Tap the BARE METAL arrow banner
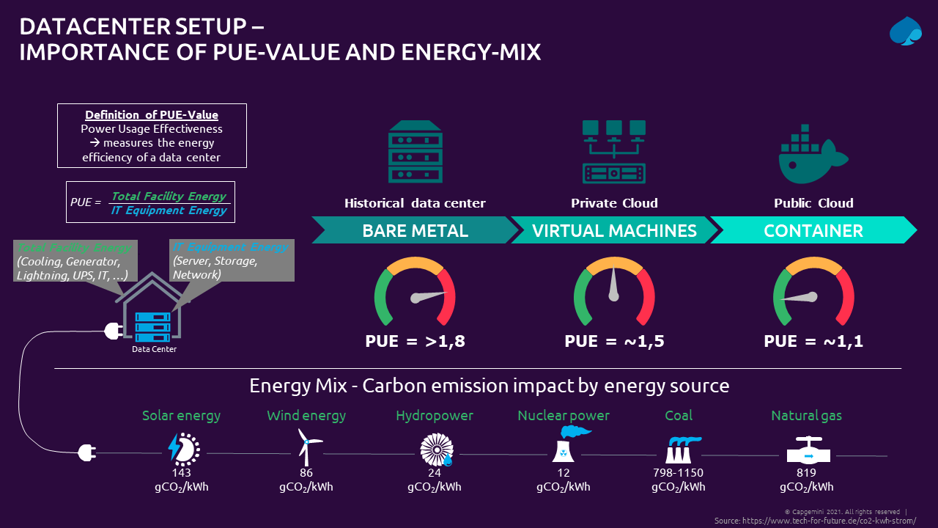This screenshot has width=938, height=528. point(415,231)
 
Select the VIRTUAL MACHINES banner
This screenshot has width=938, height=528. point(614,231)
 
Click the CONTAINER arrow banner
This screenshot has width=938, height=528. point(813,231)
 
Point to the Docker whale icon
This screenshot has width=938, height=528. point(812,152)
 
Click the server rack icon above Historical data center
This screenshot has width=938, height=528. point(415,151)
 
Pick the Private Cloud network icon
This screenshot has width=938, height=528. point(614,151)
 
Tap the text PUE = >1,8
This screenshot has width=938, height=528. point(415,341)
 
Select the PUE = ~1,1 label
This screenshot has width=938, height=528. point(813,341)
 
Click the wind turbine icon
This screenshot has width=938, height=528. point(307,445)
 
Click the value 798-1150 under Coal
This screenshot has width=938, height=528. point(678,473)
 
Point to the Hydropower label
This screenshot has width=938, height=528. point(435,416)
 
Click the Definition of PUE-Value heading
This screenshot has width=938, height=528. point(152,115)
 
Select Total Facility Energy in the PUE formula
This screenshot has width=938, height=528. point(169,196)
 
